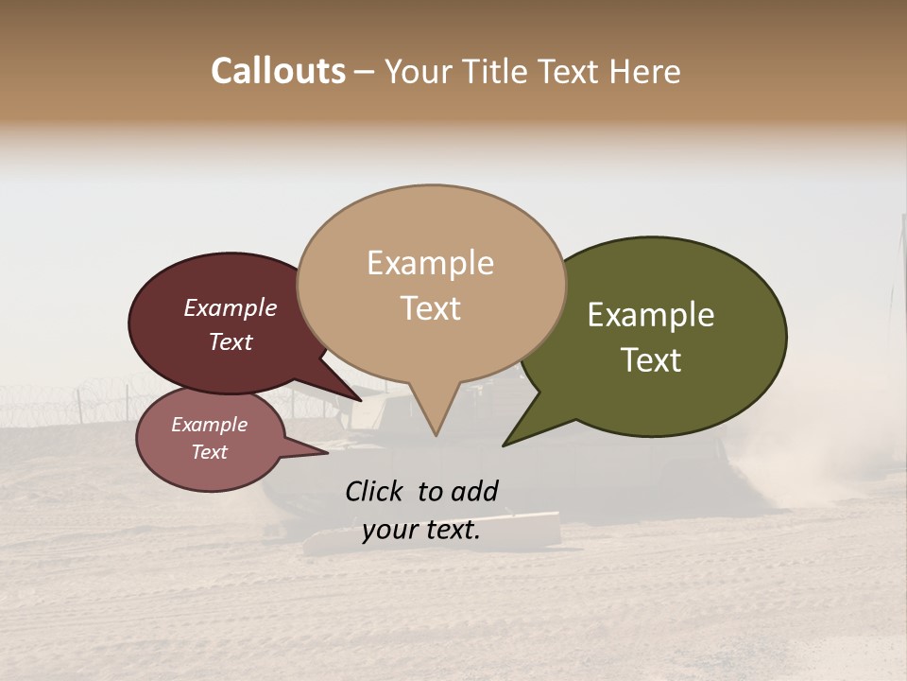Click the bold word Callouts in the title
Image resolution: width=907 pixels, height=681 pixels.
click(278, 71)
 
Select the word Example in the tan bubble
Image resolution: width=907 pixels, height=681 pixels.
click(430, 263)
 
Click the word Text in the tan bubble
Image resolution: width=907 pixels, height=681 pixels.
click(430, 308)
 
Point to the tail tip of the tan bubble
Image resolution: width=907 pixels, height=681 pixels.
click(436, 434)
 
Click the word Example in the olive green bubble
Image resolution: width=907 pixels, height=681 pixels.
click(651, 315)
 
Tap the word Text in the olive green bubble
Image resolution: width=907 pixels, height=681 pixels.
click(651, 360)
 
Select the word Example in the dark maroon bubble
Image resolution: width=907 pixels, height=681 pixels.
click(230, 308)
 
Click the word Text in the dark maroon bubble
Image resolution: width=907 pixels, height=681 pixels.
click(230, 341)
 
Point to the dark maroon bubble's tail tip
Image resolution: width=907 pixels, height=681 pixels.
click(362, 400)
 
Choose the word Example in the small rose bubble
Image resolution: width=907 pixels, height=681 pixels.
click(209, 425)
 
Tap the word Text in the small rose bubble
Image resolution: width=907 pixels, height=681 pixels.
click(209, 452)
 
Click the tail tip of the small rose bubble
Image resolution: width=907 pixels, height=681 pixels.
click(327, 454)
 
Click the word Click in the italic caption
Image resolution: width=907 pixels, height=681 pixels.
click(375, 491)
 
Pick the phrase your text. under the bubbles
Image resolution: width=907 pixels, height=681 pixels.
click(420, 531)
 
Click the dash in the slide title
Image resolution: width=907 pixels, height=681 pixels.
click(365, 73)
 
